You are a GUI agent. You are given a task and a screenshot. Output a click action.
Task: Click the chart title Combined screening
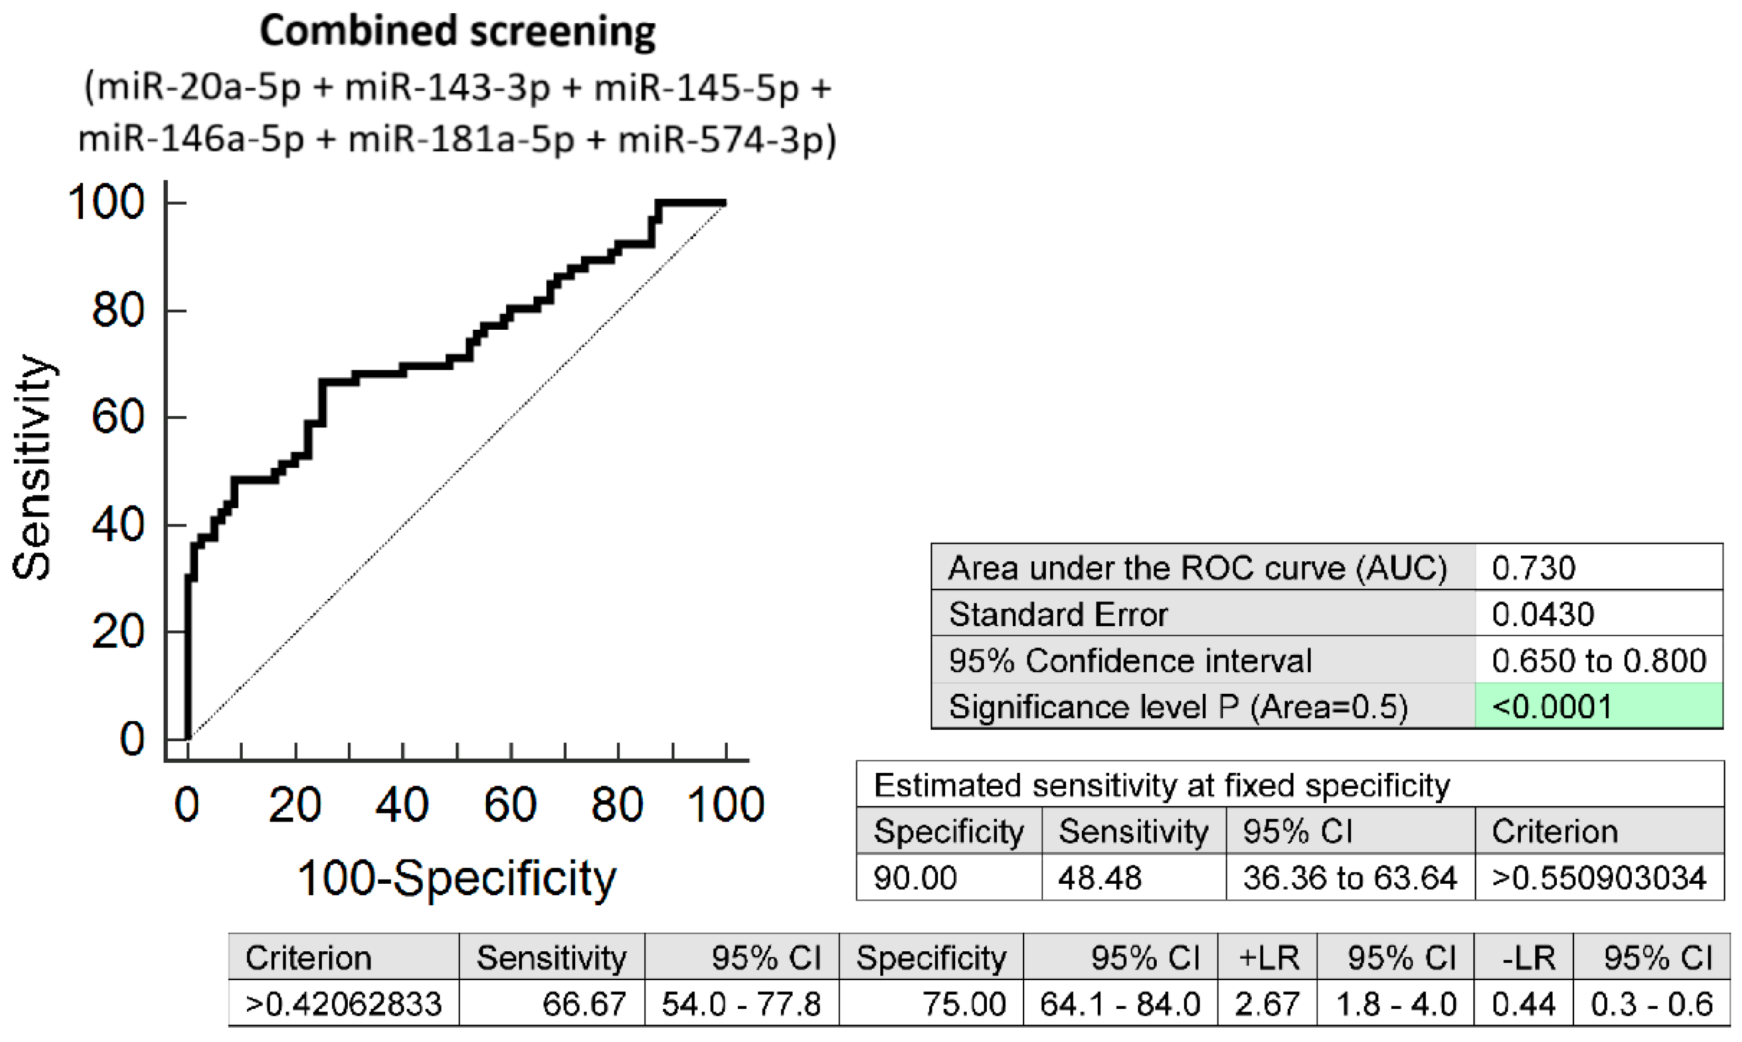coord(457,32)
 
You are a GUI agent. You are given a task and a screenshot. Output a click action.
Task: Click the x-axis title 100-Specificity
coord(456,878)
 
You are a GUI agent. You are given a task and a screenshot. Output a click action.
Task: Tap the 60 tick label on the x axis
coord(510,805)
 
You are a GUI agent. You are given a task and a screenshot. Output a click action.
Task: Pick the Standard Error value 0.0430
coord(1543,615)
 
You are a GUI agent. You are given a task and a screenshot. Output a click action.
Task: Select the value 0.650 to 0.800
coord(1598,661)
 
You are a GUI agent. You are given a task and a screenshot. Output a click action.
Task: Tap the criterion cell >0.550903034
coord(1598,878)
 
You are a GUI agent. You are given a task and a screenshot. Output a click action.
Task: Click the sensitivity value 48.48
coord(1100,878)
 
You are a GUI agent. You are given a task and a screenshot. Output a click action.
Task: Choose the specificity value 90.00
coord(915,878)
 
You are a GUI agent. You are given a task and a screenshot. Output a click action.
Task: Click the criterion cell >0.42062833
coord(344,1004)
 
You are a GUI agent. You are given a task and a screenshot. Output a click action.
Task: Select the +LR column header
coord(1268,958)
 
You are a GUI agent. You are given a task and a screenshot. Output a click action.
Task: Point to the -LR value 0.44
coord(1523,1004)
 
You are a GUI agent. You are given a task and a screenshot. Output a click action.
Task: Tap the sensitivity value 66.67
coord(584,1004)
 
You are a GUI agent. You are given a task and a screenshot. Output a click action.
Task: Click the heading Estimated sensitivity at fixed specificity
coord(1162,785)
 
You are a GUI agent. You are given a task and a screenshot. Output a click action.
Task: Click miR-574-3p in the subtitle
coord(720,139)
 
